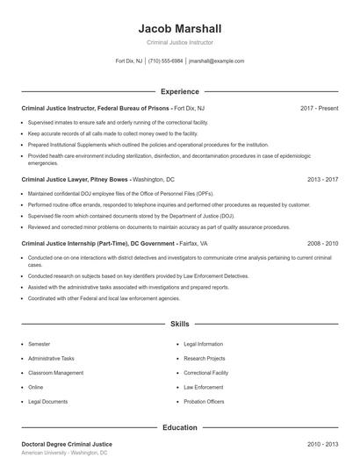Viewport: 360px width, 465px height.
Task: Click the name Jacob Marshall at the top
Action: tap(180, 28)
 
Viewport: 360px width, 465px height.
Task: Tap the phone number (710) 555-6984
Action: tap(165, 61)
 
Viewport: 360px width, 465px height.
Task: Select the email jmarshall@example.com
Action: tap(216, 61)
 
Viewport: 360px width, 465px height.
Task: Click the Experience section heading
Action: tap(180, 91)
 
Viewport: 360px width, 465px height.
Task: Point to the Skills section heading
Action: tap(180, 325)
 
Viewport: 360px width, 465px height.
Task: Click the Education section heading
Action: tap(180, 427)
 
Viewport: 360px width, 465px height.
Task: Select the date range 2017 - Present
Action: tap(319, 108)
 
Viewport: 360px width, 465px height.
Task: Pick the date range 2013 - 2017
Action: tap(322, 179)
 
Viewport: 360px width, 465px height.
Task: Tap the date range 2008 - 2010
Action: tap(322, 242)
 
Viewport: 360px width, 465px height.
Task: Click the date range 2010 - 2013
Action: tap(322, 445)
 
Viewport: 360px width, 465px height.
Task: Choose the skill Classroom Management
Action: tap(56, 373)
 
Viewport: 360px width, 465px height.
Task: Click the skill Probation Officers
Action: tap(204, 401)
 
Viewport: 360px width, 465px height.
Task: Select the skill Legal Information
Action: tap(204, 345)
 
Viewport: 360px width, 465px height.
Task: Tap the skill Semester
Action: tap(40, 345)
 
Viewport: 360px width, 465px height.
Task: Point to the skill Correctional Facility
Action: tap(206, 373)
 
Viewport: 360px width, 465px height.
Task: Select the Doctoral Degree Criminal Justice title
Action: tap(67, 445)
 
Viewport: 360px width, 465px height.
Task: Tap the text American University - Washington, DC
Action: tap(65, 454)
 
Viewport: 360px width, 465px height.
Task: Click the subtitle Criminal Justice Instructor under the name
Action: tap(180, 42)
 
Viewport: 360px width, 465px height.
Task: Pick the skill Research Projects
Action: tap(205, 359)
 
